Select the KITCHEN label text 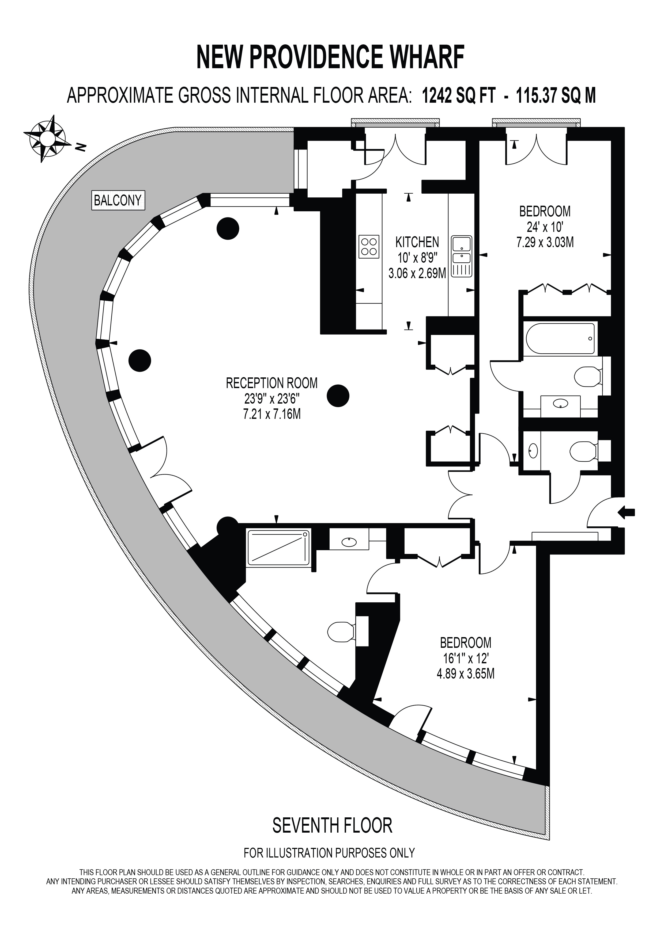(x=417, y=242)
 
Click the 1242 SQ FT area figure (x=459, y=96)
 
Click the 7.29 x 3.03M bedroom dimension (x=545, y=242)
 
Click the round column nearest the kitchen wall (x=338, y=396)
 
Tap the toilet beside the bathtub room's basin (x=587, y=376)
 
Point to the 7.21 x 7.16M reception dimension (x=272, y=414)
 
